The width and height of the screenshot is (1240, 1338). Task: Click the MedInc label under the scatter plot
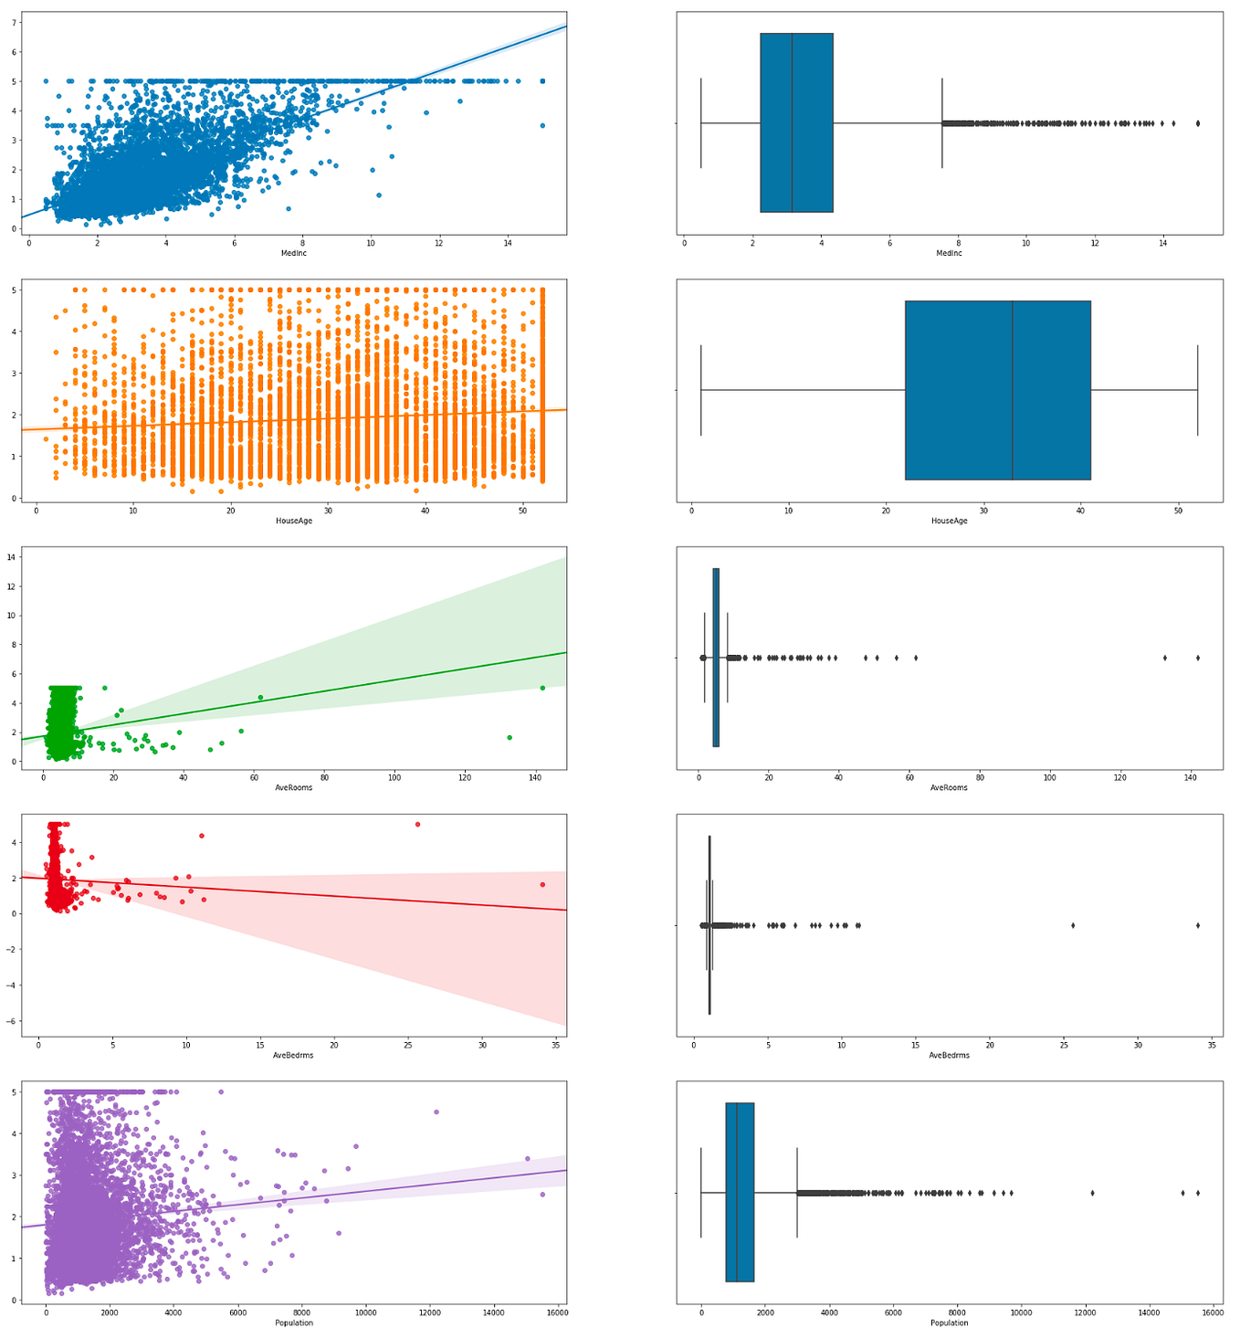[294, 253]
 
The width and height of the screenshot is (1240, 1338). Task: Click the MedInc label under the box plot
[950, 253]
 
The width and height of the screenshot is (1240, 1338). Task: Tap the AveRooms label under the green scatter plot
[294, 787]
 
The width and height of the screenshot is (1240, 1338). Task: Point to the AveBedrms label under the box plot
[950, 1055]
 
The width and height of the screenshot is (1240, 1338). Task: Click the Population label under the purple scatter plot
[294, 1322]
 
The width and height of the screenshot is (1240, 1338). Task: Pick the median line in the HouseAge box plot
[1013, 390]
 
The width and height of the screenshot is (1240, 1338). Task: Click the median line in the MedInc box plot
[792, 122]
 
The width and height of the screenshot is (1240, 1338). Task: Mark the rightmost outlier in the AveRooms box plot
[1198, 658]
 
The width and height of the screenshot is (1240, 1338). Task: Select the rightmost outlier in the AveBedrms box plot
[1198, 925]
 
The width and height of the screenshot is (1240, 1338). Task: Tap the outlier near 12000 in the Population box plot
[1092, 1193]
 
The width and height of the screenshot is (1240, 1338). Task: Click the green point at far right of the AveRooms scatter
[542, 688]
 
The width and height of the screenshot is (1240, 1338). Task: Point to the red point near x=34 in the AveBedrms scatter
[542, 884]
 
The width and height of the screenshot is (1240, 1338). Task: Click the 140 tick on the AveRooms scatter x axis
[535, 777]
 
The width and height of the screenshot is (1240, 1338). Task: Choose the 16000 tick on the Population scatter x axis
[556, 1312]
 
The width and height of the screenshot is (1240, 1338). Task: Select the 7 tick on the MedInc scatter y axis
[14, 22]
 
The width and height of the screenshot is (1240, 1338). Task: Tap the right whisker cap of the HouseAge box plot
[1198, 390]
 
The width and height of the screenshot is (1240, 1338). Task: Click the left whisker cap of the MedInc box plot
[700, 122]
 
